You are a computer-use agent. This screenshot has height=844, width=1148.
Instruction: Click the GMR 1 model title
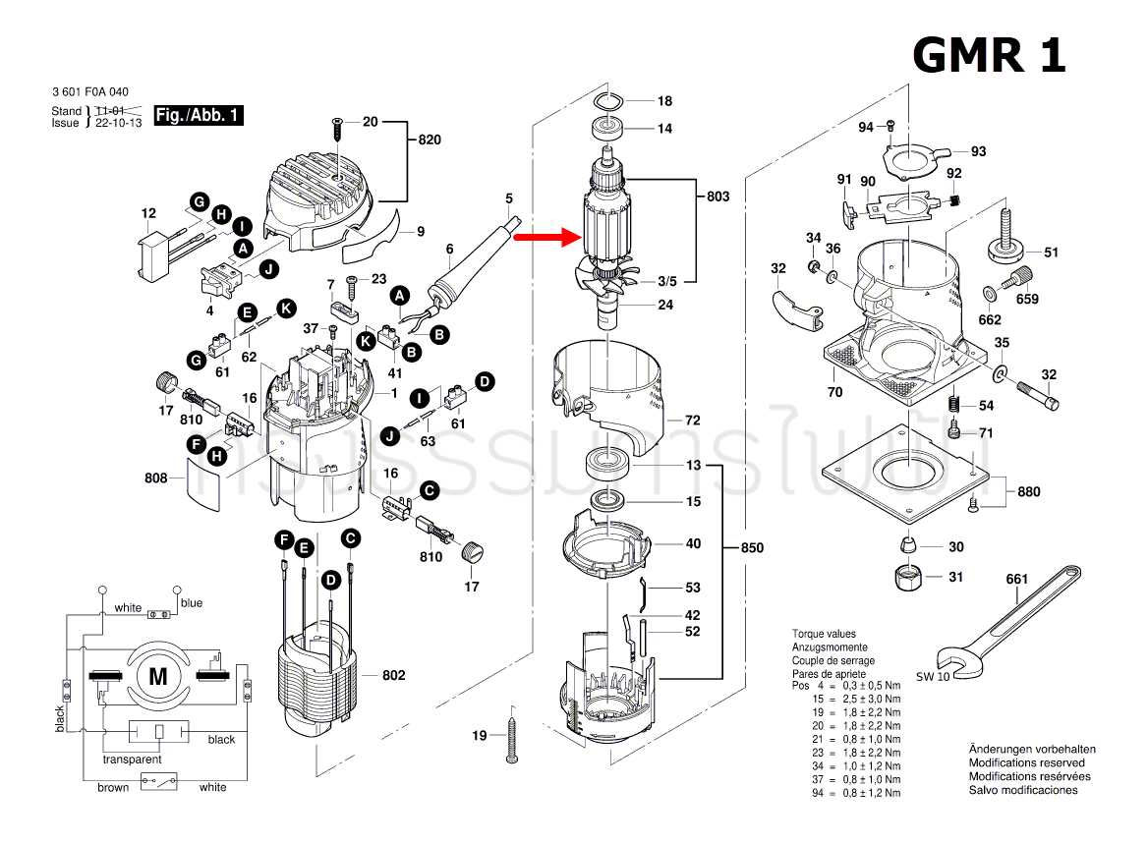coord(989,55)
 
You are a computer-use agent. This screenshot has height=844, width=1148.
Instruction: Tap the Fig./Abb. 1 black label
coord(199,116)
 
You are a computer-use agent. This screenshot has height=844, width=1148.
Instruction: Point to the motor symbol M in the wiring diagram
coord(157,675)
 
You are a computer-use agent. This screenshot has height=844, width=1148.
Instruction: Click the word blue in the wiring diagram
coord(191,603)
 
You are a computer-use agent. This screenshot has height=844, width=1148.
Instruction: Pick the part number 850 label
coord(751,547)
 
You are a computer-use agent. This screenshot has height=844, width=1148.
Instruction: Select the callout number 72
coord(692,421)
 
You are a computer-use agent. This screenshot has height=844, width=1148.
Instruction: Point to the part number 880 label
coord(1028,491)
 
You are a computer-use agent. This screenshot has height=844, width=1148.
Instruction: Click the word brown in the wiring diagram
coord(112,787)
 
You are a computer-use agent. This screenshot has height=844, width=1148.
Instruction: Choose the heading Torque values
coord(824,635)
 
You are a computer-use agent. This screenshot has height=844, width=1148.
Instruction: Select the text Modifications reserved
coord(1027,762)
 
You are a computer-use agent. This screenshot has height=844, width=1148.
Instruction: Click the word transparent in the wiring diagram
coord(132,760)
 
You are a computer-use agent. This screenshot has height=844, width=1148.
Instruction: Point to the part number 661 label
coord(1016,579)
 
